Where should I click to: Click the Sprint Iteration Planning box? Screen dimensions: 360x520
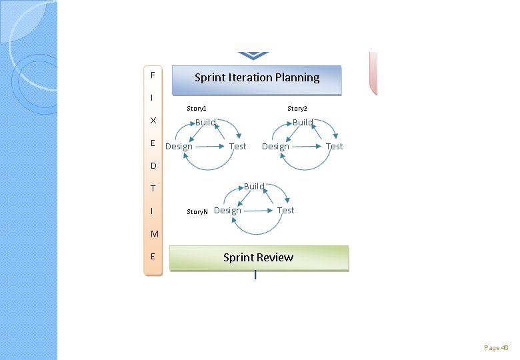[x=257, y=79]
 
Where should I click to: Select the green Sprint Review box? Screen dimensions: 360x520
[x=259, y=258]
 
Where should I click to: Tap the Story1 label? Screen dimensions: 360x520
[x=197, y=108]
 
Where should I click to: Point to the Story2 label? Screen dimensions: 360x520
[x=297, y=108]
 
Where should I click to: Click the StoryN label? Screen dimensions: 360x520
[x=197, y=211]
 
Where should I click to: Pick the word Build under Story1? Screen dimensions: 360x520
[x=205, y=122]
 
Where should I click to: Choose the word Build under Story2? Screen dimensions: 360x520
[x=303, y=122]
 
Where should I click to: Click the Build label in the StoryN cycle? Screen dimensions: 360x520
[x=254, y=186]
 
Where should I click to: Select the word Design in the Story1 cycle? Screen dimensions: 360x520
[x=179, y=147]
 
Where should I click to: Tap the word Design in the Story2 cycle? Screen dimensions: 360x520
[x=275, y=147]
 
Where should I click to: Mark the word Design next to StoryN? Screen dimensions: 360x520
[x=227, y=211]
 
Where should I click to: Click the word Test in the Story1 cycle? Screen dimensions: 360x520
[x=237, y=147]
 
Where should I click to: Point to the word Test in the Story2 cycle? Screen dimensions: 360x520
[x=334, y=147]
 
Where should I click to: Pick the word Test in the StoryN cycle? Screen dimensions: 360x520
[x=285, y=211]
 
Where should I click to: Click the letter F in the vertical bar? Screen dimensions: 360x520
[x=153, y=74]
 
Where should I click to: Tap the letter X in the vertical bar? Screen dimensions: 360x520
[x=153, y=121]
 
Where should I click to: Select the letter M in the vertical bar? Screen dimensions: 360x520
[x=154, y=234]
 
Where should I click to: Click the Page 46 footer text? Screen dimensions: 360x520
[x=496, y=348]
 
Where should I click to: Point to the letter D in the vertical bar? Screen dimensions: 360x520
[x=153, y=165]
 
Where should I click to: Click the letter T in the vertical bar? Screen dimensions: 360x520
[x=153, y=189]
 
